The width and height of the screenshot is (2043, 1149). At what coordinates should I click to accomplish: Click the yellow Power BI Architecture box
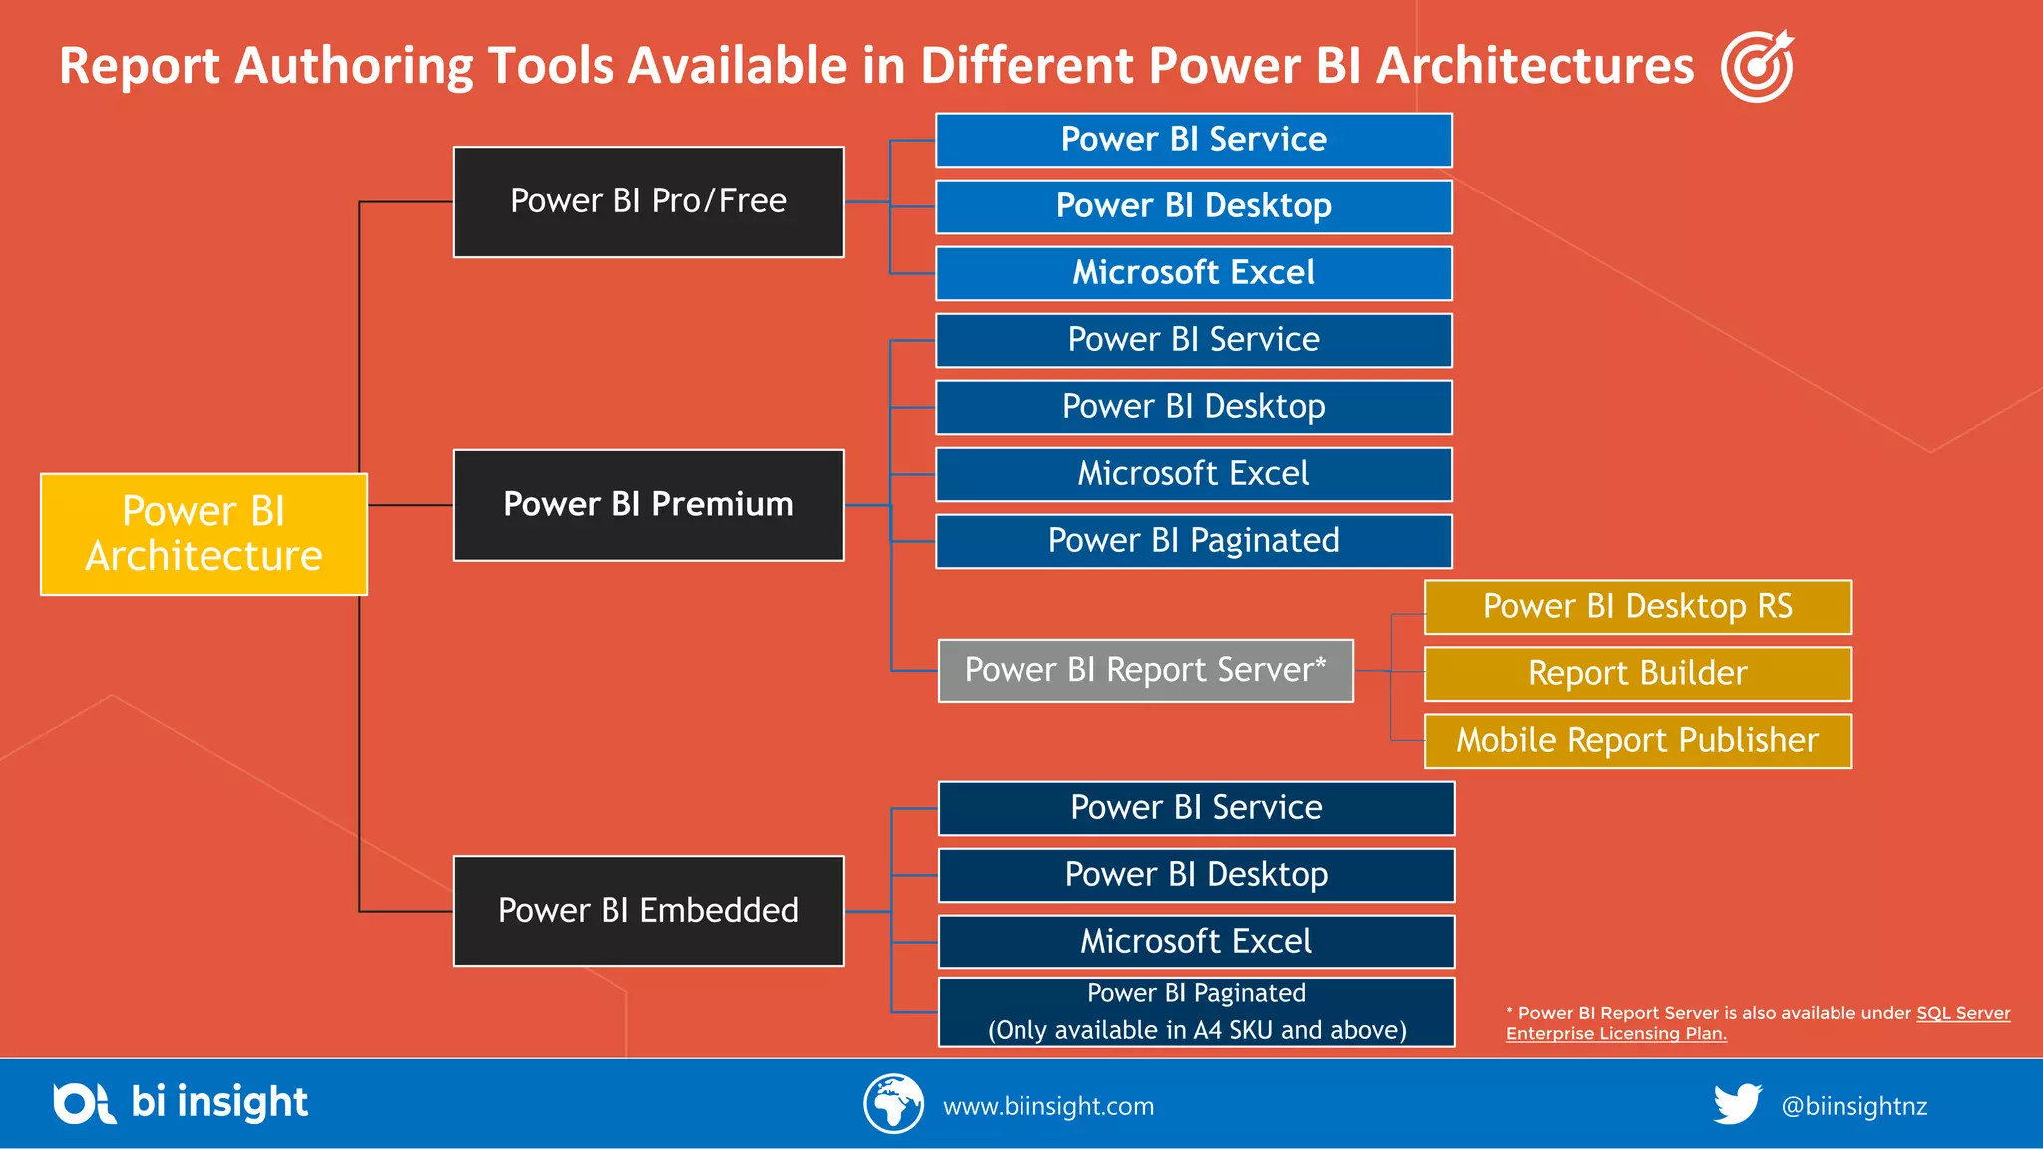tap(204, 534)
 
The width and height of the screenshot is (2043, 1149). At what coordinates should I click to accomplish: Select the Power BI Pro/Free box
tap(648, 201)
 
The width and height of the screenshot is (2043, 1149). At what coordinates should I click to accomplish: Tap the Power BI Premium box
tap(648, 505)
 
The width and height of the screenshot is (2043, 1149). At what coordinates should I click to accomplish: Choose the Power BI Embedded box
tap(648, 911)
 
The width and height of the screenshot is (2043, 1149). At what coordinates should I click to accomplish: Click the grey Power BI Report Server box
tap(1145, 671)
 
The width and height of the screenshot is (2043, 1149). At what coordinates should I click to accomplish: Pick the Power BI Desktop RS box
tap(1637, 607)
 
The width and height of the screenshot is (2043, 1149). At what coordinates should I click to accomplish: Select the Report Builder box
tap(1637, 674)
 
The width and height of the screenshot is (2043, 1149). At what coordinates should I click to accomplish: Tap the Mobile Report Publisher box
tap(1637, 741)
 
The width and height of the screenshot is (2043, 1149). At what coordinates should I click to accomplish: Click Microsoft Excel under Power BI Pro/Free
tap(1193, 273)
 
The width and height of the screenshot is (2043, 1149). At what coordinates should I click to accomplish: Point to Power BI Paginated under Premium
tap(1193, 541)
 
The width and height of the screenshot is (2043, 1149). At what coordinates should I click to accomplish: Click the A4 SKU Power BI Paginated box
tap(1196, 1012)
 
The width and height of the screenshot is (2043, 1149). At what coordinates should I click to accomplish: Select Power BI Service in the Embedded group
tap(1196, 808)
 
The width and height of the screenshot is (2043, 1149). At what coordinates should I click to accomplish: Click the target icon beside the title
tap(1757, 66)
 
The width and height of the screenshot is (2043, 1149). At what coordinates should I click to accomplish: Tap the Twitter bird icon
tap(1737, 1104)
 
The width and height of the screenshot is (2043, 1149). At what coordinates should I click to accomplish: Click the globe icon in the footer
tap(893, 1104)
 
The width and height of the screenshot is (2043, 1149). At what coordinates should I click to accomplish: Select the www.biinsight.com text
tap(1048, 1106)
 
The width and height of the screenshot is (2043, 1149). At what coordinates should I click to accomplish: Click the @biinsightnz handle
tap(1853, 1106)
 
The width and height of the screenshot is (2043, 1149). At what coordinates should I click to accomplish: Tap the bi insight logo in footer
tap(181, 1103)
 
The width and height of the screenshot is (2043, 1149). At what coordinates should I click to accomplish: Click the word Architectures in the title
tap(1534, 66)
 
